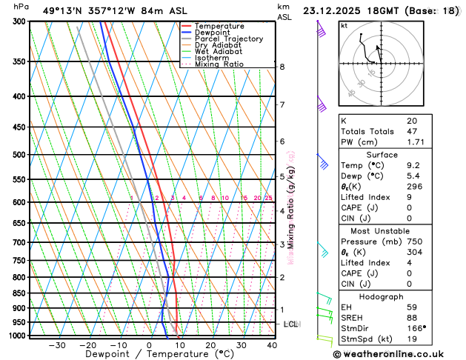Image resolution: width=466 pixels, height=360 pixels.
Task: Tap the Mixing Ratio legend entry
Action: coord(219,64)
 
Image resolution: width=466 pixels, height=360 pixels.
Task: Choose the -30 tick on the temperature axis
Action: coord(57,345)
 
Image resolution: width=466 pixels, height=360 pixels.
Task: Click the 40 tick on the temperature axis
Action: coord(272,345)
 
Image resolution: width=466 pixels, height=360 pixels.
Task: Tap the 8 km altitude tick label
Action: coord(282,67)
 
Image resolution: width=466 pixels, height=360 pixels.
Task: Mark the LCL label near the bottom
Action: coord(291,324)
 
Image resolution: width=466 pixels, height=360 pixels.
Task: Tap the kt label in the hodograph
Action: coord(344,26)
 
